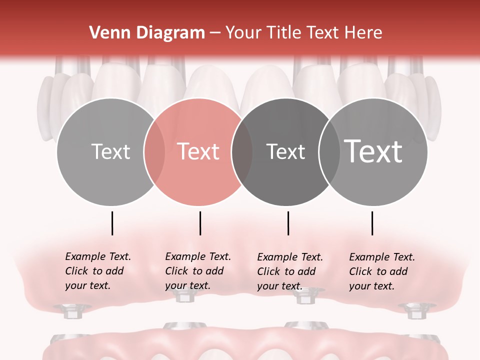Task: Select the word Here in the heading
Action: (x=364, y=33)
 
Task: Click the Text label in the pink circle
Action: (x=198, y=151)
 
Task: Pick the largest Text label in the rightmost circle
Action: (x=373, y=151)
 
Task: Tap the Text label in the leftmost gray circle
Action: (x=111, y=151)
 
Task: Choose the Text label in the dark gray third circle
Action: (x=285, y=151)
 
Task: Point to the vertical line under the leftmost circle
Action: (x=112, y=223)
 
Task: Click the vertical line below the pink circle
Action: (x=200, y=223)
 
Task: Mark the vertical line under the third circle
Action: (x=288, y=223)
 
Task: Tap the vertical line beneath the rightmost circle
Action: (x=372, y=223)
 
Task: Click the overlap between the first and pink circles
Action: (x=154, y=152)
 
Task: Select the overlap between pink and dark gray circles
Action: (x=242, y=152)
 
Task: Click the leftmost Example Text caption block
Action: (x=97, y=271)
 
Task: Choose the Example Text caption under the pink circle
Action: (x=197, y=271)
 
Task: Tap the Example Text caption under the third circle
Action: (x=289, y=271)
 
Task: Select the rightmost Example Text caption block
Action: (x=381, y=271)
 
